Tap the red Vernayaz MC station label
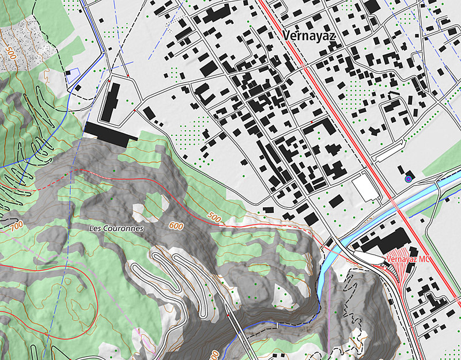(409, 260)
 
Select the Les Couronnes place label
(116, 228)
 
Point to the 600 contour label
(177, 226)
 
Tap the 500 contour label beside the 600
(214, 218)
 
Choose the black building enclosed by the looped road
(113, 101)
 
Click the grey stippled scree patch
(26, 40)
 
